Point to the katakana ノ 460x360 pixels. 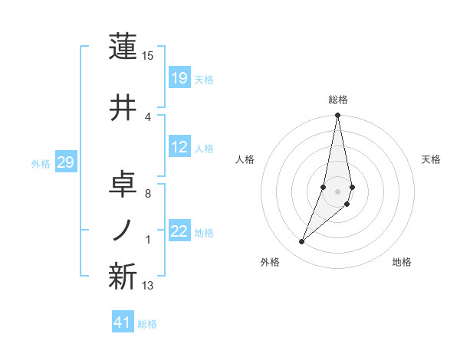123,229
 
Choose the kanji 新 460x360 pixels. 123,277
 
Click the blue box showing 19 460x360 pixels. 179,77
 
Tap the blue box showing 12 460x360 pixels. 179,148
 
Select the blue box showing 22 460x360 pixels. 179,232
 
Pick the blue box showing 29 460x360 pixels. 66,162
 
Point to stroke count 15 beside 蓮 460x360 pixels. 148,56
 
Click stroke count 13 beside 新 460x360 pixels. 148,286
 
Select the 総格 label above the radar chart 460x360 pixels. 338,100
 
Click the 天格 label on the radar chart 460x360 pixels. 432,159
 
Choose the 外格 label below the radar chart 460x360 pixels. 270,262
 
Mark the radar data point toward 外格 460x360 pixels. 301,242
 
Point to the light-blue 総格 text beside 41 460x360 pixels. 147,324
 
